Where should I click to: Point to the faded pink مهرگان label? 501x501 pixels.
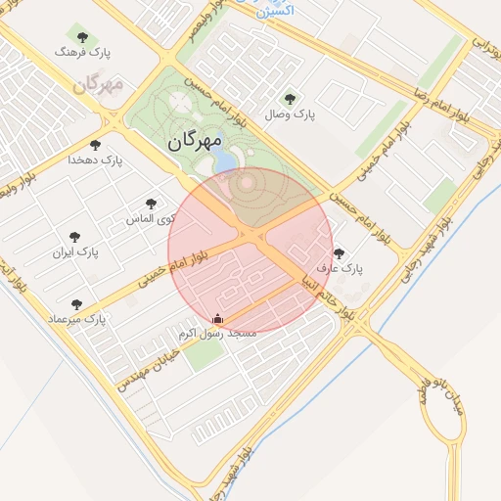(x=98, y=84)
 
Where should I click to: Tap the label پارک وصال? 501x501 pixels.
(x=290, y=114)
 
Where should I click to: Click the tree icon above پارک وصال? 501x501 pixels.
(x=290, y=98)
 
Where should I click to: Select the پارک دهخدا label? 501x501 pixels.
(x=96, y=159)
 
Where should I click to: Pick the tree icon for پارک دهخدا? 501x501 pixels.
(x=96, y=144)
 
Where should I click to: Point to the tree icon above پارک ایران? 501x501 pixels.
(x=74, y=236)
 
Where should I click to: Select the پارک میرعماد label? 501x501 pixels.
(x=76, y=320)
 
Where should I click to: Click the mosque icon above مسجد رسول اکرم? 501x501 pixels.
(x=217, y=318)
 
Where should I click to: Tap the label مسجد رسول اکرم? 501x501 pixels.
(x=217, y=334)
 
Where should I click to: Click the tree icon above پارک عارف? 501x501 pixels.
(x=339, y=252)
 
